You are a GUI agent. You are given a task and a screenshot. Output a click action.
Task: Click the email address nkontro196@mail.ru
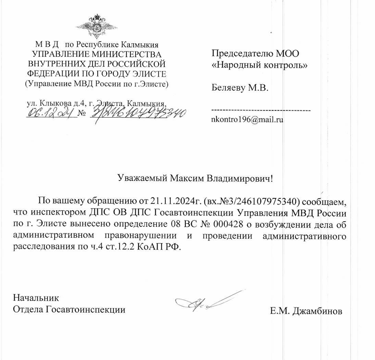(x=248, y=118)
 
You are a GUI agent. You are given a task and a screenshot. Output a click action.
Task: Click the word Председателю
(x=236, y=53)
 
